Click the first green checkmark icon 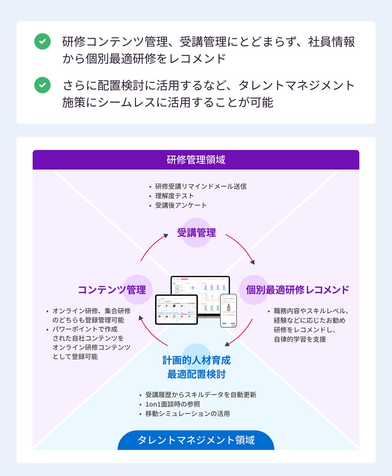[42, 41]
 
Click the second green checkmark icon [42, 85]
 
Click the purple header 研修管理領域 [196, 160]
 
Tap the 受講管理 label [196, 233]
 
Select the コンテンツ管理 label [112, 290]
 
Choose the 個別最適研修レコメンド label [297, 290]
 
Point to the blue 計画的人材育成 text [196, 360]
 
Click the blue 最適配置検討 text [196, 374]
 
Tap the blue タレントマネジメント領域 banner [196, 440]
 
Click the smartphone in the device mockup [228, 310]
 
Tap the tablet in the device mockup [176, 309]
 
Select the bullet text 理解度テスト [174, 196]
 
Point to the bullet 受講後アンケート [181, 205]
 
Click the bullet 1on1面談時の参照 [173, 404]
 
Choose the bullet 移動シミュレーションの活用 [188, 414]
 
